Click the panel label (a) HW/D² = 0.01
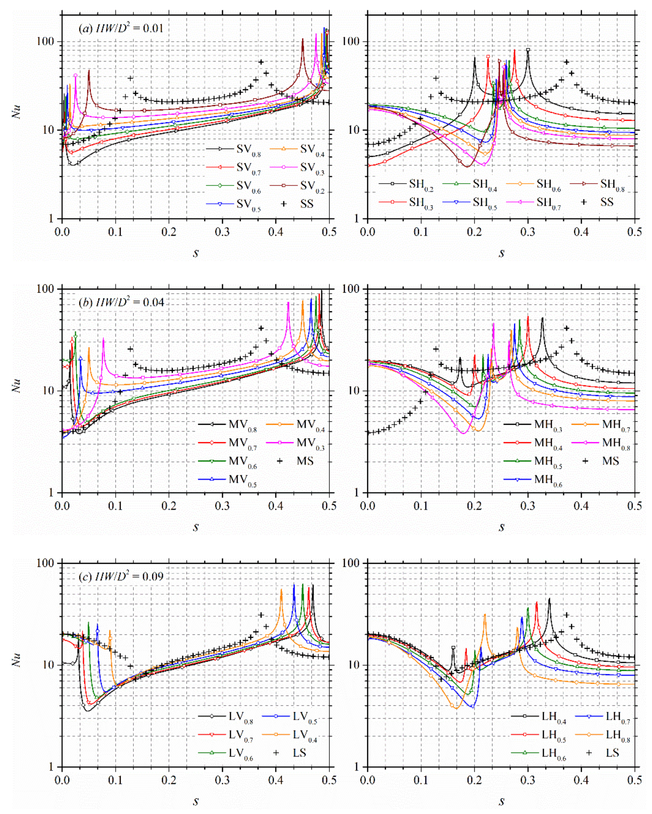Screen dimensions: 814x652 [x=121, y=28]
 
